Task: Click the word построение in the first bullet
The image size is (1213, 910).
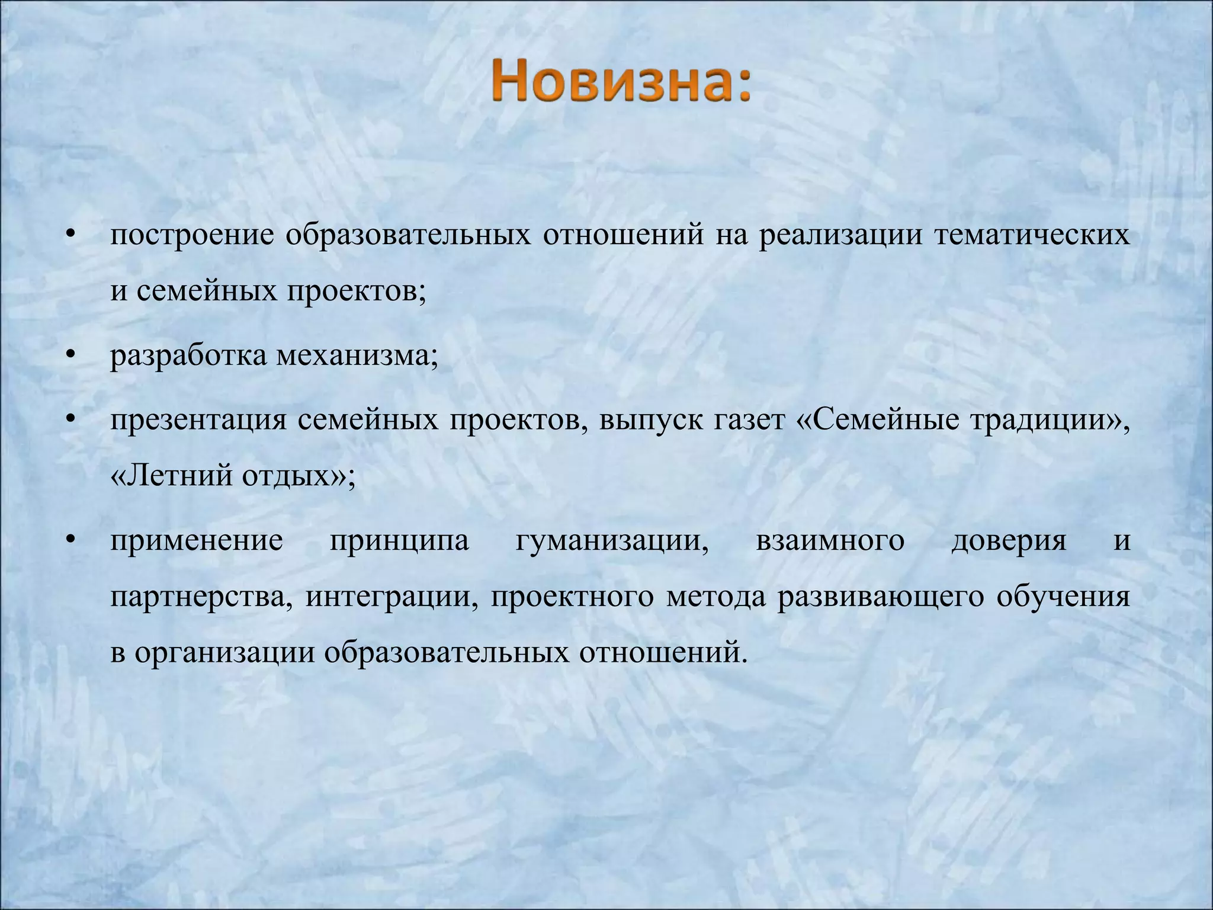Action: [x=192, y=236]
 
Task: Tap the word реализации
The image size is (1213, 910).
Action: [x=841, y=236]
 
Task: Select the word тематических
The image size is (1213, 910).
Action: [x=1032, y=236]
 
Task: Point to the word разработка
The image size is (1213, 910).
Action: [x=188, y=357]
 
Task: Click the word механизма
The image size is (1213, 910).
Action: [x=355, y=357]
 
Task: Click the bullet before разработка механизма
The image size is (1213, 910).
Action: [x=71, y=357]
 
